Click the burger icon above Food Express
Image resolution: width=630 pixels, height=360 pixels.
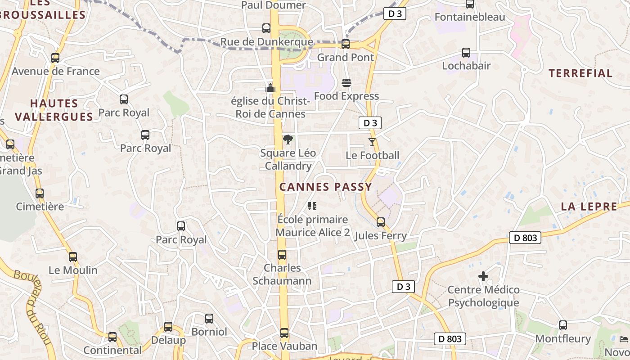point(346,83)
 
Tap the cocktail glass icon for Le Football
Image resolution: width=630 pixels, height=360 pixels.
point(372,142)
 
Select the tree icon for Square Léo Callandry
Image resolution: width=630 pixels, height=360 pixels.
point(288,139)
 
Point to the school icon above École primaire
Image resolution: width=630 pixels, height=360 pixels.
point(312,206)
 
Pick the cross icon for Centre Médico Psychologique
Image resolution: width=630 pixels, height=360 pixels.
point(483,276)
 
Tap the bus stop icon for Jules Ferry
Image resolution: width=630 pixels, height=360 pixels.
point(381,222)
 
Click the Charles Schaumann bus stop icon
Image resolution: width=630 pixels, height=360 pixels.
point(282,255)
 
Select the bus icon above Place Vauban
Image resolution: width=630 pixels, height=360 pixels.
point(284,333)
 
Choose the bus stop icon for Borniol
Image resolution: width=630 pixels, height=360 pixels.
point(209,319)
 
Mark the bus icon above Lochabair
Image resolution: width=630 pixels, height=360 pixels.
point(466,53)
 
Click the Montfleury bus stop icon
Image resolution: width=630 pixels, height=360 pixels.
point(563,325)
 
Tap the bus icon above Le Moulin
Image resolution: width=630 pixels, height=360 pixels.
point(73,257)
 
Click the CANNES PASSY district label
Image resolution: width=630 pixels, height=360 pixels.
point(326,187)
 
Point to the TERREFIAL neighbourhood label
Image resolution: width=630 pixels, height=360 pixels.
point(580,73)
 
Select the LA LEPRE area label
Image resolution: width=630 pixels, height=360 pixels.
point(589,207)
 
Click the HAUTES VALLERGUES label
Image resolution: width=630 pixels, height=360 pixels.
point(54,110)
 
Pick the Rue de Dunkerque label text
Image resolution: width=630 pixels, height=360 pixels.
point(266,42)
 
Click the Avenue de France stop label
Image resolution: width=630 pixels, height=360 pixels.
point(56,71)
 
